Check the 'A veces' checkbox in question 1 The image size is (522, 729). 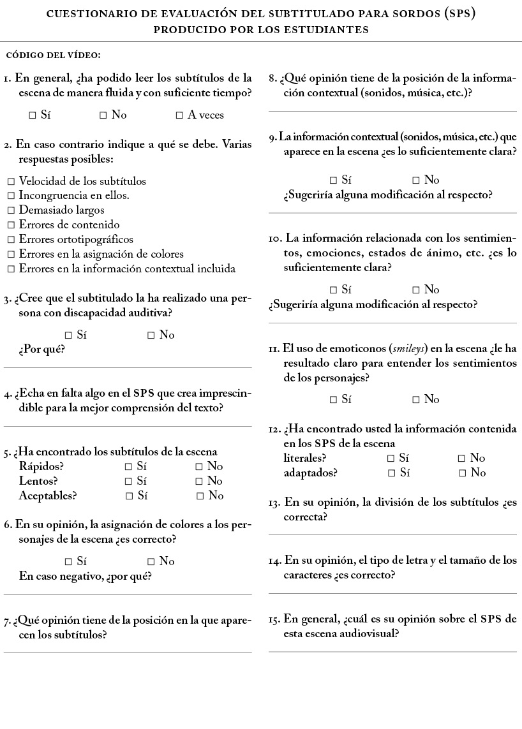180,115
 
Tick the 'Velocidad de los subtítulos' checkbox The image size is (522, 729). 11,182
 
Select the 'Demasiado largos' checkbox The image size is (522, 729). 11,210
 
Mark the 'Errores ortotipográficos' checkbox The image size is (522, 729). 11,240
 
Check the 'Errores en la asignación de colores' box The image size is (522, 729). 11,254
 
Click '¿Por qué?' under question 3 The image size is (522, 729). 41,350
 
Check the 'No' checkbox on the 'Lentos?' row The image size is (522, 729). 200,481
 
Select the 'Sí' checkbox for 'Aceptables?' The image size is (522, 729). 130,496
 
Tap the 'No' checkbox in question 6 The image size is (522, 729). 151,562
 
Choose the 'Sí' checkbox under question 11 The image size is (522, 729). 334,400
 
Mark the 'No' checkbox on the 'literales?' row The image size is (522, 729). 462,458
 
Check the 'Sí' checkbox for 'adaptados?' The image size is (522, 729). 392,473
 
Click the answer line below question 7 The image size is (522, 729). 128,652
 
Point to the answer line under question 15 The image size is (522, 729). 392,651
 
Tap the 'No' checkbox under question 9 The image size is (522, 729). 416,180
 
